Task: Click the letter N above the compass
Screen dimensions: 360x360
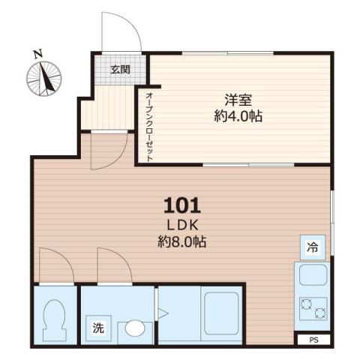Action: click(37, 53)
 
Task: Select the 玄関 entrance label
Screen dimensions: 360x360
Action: click(120, 69)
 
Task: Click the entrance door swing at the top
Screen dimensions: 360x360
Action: click(120, 34)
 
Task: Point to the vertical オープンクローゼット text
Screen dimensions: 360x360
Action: click(150, 126)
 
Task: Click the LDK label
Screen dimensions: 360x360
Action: click(182, 226)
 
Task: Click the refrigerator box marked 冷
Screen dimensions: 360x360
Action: click(312, 247)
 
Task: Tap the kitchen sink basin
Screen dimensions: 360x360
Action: click(312, 276)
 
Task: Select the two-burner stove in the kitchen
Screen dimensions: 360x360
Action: click(312, 307)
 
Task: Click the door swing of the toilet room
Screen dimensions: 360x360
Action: click(55, 267)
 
